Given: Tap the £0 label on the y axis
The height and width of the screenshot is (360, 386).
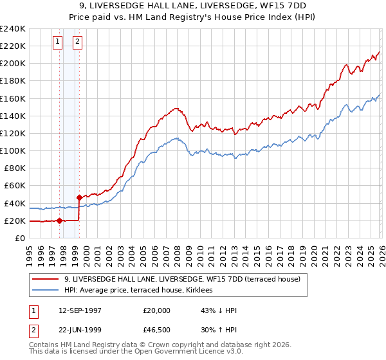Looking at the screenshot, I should pos(20,238).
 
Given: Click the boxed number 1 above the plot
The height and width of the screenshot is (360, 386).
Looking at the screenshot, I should pos(58,42).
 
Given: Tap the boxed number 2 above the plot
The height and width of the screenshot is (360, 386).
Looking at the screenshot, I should pos(77,42).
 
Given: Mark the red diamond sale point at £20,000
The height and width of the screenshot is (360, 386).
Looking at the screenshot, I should pos(59,221).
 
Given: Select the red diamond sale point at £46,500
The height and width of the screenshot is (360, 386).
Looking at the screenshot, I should pos(79,197).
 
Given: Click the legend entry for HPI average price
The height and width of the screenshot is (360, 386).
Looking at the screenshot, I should pos(142,291).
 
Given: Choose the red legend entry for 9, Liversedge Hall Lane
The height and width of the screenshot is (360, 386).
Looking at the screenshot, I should pos(187,279).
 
